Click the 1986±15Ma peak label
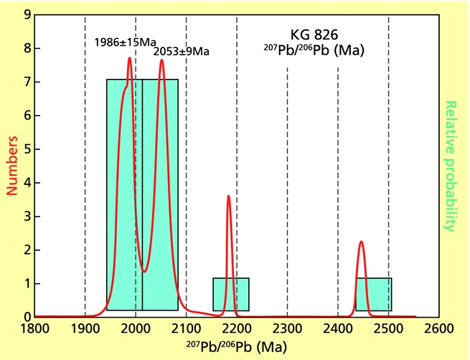tap(126, 42)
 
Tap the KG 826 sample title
tap(314, 35)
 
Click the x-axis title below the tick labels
tap(237, 347)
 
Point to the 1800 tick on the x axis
tap(34, 330)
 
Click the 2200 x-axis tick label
tap(237, 330)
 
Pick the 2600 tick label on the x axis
tap(439, 330)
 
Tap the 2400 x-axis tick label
tap(338, 330)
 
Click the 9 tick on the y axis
tap(27, 15)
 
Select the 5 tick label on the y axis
tap(27, 149)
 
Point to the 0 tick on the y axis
tap(27, 317)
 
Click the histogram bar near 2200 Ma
tap(231, 294)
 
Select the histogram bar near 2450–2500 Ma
tap(374, 294)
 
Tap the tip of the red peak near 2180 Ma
tap(228, 196)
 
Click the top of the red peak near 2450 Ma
tap(361, 242)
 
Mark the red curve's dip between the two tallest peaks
tap(145, 271)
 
